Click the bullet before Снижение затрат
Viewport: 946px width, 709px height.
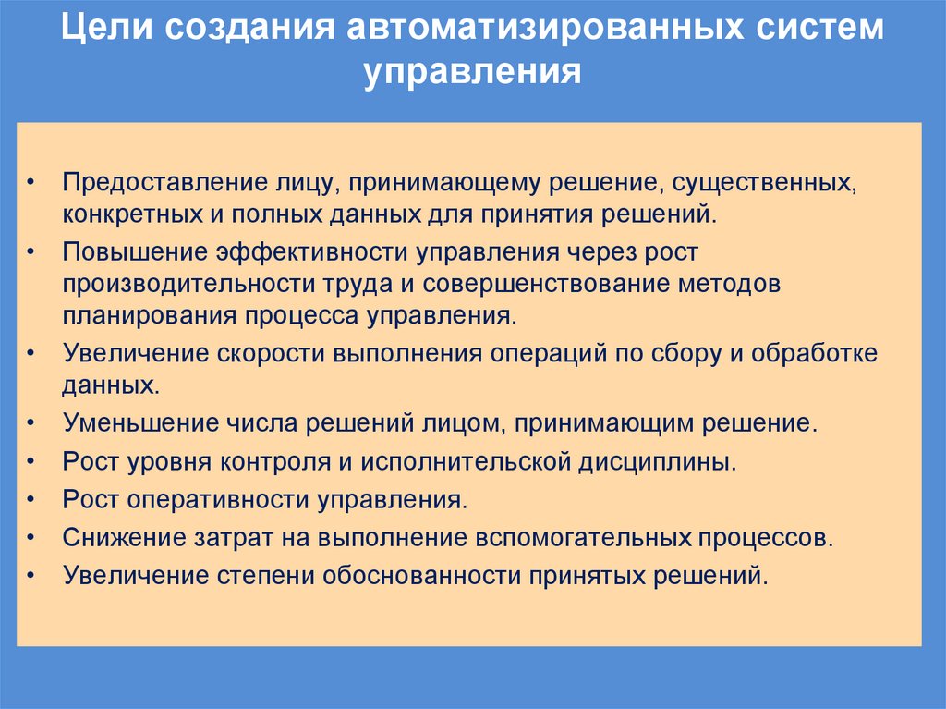[x=33, y=538]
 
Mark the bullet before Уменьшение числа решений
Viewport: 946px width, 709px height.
[x=33, y=424]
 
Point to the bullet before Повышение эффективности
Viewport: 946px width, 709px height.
[x=33, y=252]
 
